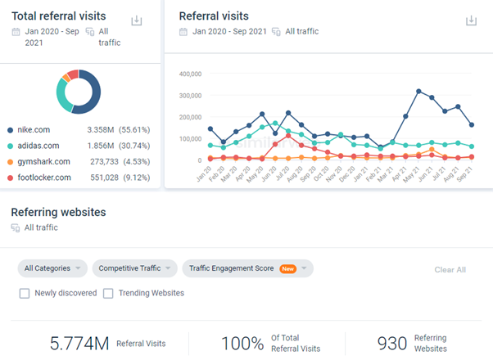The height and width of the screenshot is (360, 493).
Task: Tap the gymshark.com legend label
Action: (x=44, y=161)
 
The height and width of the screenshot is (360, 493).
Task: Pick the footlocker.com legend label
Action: (x=44, y=178)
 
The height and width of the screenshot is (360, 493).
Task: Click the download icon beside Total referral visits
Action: (x=137, y=20)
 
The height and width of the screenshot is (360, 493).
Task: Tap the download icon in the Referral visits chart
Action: (x=471, y=20)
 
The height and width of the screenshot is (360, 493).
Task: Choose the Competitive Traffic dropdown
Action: (x=134, y=268)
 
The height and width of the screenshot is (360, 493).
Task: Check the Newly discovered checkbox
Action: (x=25, y=293)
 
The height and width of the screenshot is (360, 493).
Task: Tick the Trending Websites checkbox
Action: (x=108, y=293)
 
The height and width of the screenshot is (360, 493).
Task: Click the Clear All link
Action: (x=450, y=269)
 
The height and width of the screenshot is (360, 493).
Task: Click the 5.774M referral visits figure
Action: (x=79, y=344)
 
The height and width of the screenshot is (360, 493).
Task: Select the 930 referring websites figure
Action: (x=392, y=344)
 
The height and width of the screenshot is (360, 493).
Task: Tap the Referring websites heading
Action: (x=58, y=212)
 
